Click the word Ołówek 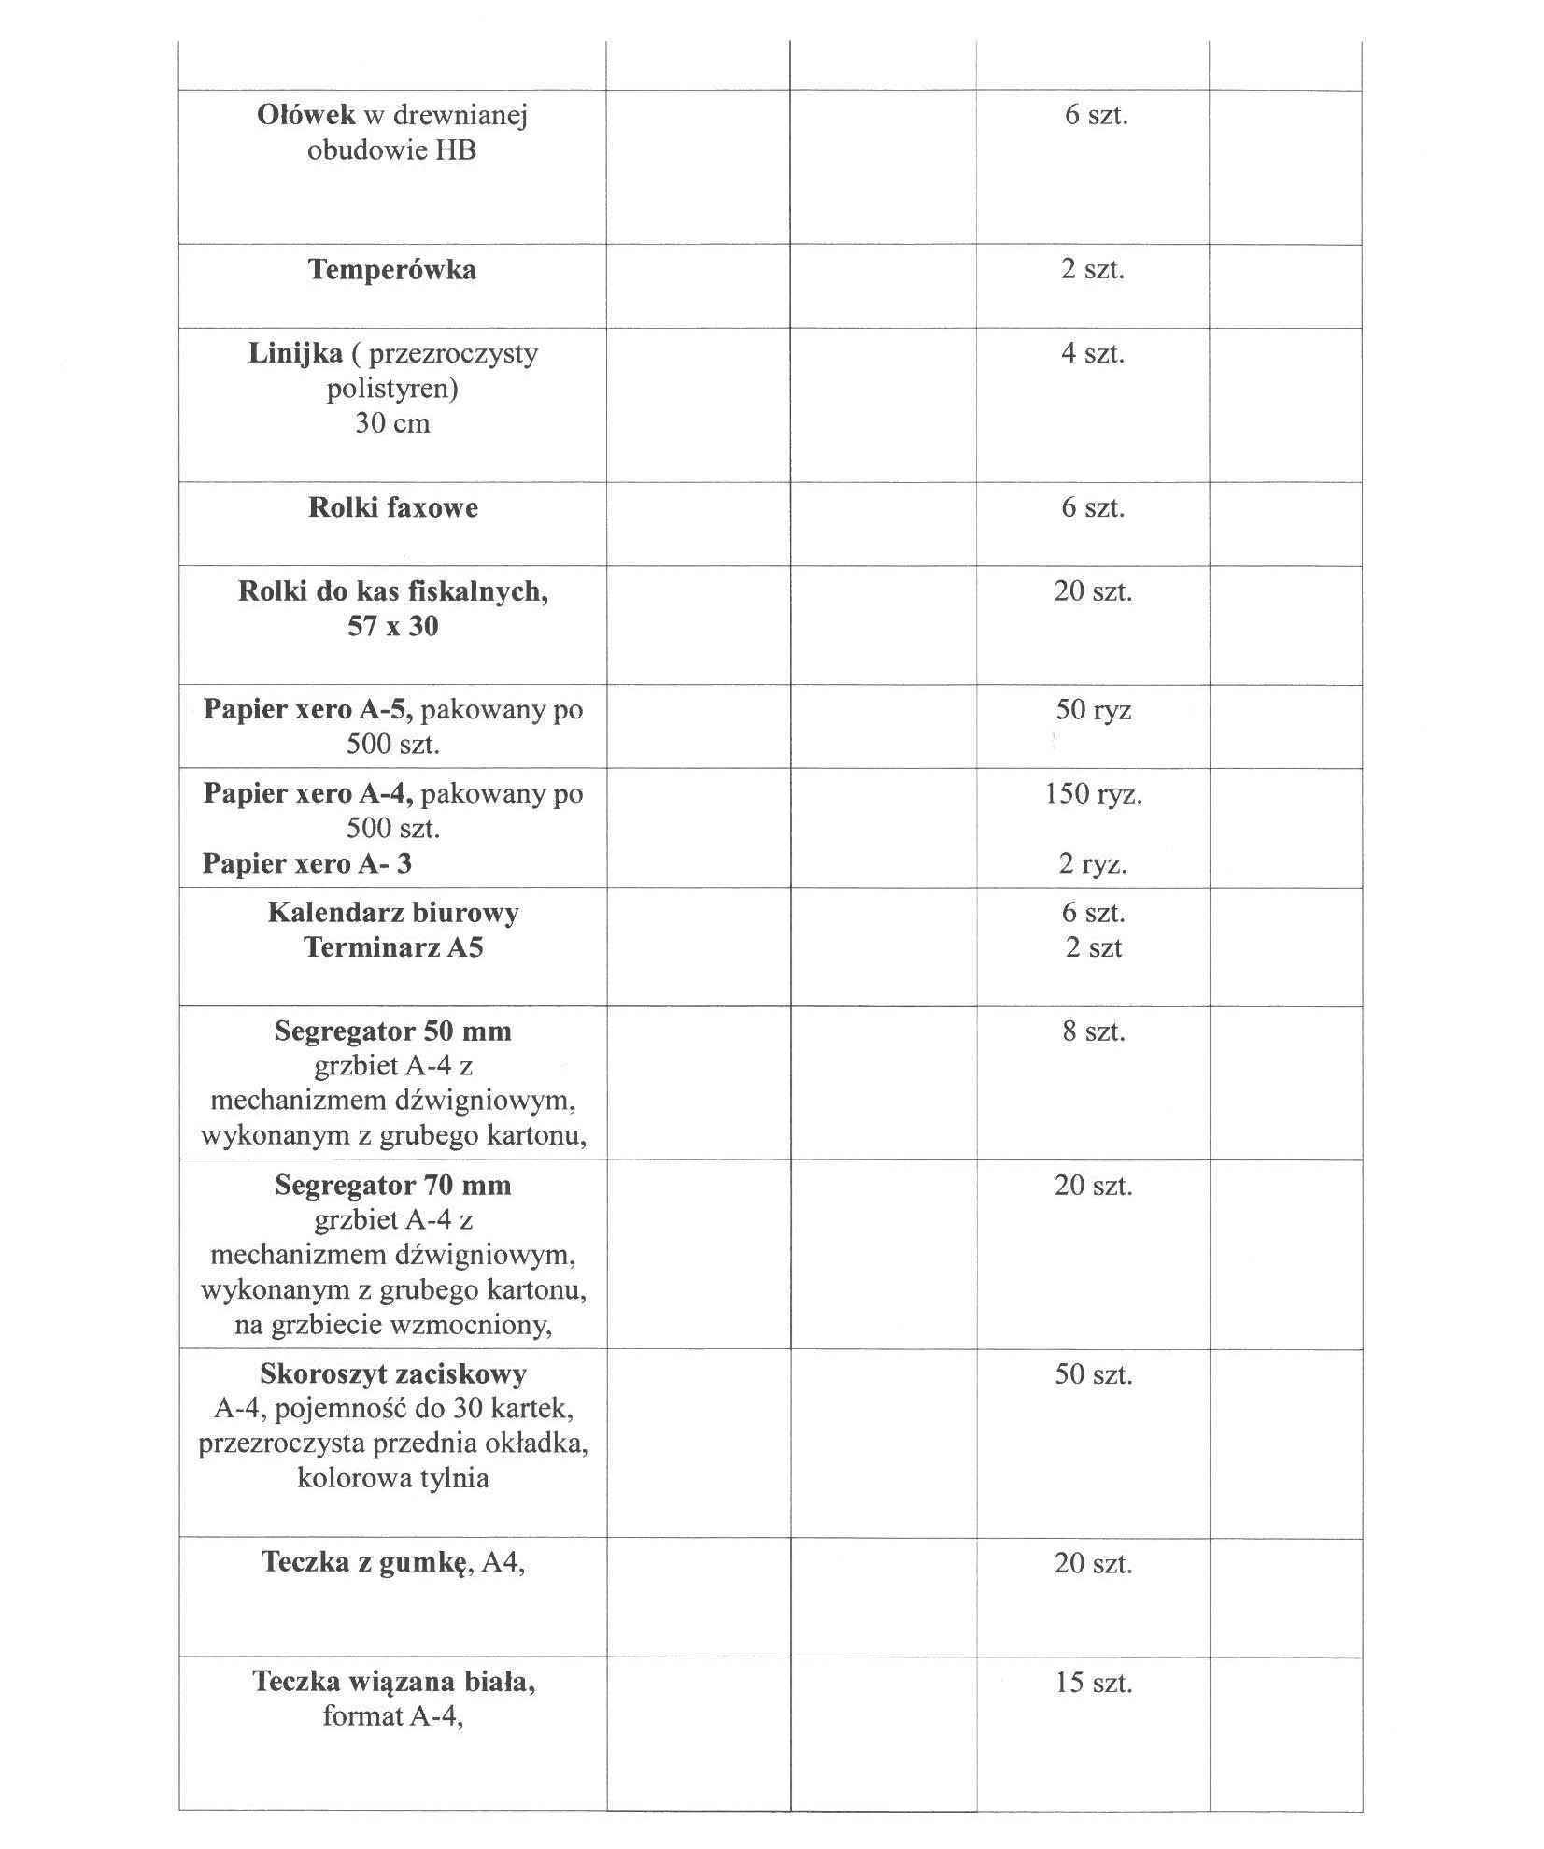(305, 115)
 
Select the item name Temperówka (392, 270)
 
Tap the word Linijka (295, 354)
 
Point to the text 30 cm (392, 423)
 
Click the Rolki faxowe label (392, 508)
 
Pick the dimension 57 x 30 (392, 627)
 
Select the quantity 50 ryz (1093, 710)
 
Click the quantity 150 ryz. (1093, 794)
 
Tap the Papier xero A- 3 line (306, 863)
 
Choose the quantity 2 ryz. (1093, 863)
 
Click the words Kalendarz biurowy (392, 913)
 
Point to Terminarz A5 (392, 948)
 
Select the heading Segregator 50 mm (392, 1031)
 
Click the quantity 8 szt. (1093, 1031)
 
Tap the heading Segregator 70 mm (392, 1186)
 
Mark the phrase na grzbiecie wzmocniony (392, 1325)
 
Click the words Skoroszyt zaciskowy (392, 1374)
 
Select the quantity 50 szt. (1093, 1374)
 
